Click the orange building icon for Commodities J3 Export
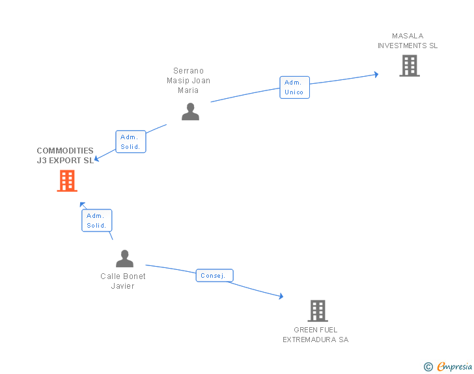67,181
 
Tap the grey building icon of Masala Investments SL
409,66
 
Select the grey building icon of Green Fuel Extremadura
317,311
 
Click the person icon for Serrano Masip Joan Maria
190,112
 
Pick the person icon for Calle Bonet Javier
124,259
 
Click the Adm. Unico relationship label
294,87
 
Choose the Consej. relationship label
214,276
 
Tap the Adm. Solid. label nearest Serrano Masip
130,142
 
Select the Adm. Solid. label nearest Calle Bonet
96,220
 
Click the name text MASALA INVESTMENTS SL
408,41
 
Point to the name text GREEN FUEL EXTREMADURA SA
316,334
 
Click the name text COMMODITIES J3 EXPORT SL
65,155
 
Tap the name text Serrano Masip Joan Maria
188,81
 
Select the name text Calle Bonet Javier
123,281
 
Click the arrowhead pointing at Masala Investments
376,75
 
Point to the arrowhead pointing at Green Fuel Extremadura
281,296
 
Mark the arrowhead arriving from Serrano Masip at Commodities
97,158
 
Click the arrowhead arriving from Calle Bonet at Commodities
83,206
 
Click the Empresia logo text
454,367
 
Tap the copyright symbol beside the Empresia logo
428,367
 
